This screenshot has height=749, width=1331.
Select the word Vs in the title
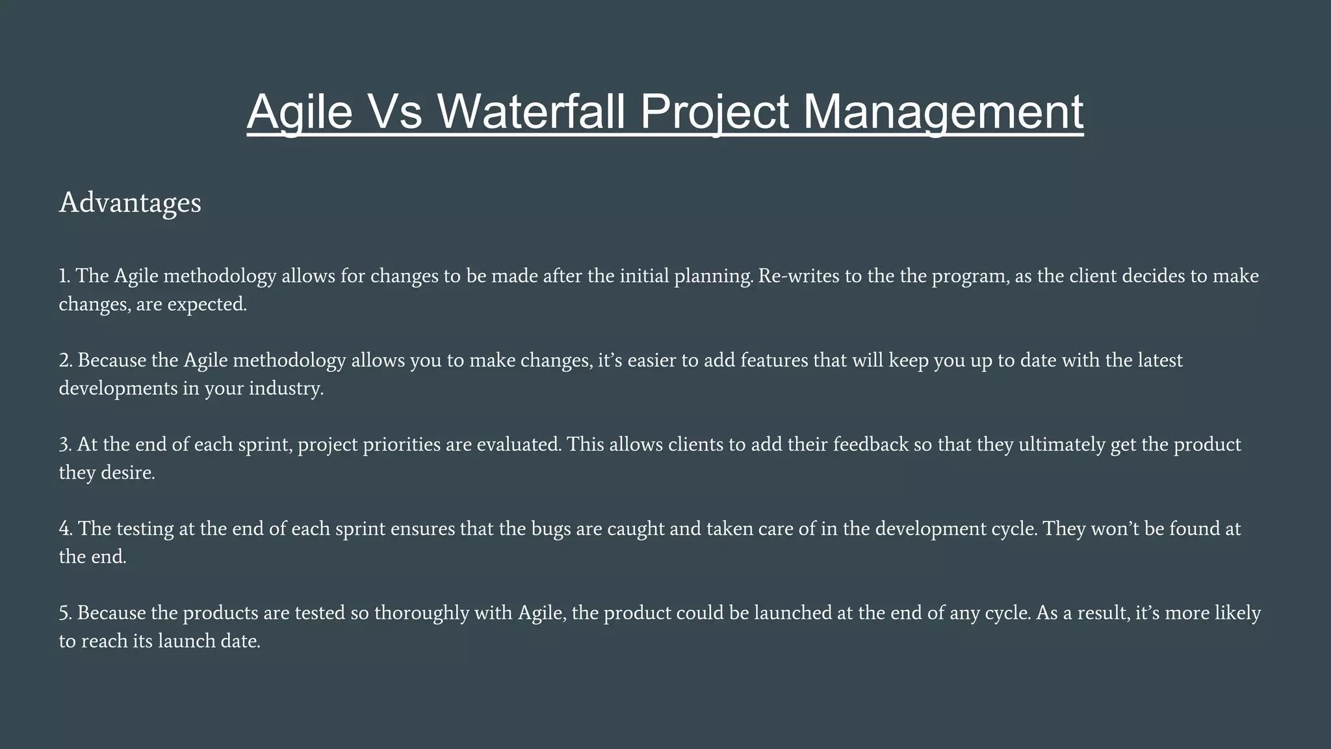(x=395, y=111)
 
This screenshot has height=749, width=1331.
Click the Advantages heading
(x=130, y=203)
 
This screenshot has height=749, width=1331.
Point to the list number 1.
(x=64, y=276)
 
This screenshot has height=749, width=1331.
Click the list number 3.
(x=64, y=445)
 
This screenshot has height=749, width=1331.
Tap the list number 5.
(x=64, y=613)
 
